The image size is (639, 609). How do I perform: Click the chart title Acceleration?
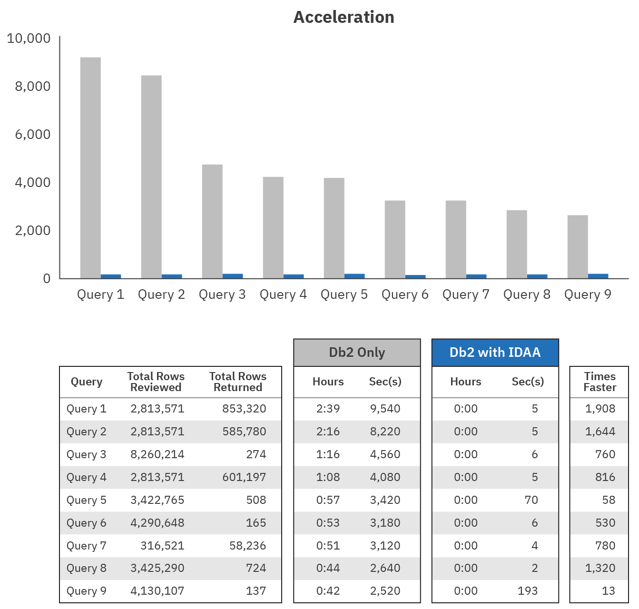pyautogui.click(x=344, y=17)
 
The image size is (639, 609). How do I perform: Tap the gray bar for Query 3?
pyautogui.click(x=212, y=221)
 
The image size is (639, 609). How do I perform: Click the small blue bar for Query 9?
pyautogui.click(x=598, y=276)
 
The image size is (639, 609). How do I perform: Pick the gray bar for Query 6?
pyautogui.click(x=395, y=239)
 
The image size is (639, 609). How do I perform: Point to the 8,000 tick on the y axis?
pyautogui.click(x=33, y=86)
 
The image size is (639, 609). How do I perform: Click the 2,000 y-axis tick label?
pyautogui.click(x=33, y=230)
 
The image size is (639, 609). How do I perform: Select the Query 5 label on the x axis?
pyautogui.click(x=344, y=295)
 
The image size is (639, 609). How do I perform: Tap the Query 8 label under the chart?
pyautogui.click(x=527, y=295)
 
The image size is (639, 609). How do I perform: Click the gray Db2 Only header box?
pyautogui.click(x=357, y=353)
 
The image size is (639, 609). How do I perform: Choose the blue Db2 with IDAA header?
pyautogui.click(x=495, y=353)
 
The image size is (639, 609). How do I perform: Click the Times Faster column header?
pyautogui.click(x=600, y=382)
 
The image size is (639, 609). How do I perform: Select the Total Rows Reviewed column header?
pyautogui.click(x=156, y=382)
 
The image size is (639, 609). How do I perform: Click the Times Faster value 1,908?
pyautogui.click(x=600, y=409)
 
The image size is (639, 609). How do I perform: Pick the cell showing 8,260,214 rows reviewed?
pyautogui.click(x=157, y=454)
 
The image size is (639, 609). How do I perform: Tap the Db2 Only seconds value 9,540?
pyautogui.click(x=385, y=409)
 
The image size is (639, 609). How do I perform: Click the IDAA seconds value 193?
pyautogui.click(x=527, y=591)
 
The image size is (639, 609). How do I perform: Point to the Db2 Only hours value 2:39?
pyautogui.click(x=328, y=409)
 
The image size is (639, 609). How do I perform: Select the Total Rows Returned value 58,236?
pyautogui.click(x=247, y=546)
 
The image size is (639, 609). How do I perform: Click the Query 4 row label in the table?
pyautogui.click(x=87, y=477)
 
